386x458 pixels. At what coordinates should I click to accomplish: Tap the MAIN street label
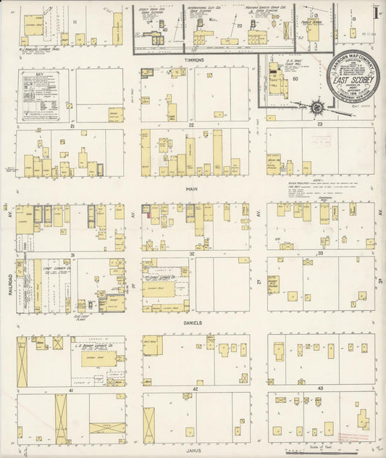[192, 188]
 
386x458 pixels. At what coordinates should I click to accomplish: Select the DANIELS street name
[192, 322]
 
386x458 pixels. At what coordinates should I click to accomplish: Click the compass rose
[316, 108]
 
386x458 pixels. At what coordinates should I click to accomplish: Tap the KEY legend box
[43, 96]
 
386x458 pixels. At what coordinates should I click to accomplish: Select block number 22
[192, 125]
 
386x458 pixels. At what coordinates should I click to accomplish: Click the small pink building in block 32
[149, 212]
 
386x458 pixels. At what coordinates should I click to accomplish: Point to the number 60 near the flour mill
[295, 78]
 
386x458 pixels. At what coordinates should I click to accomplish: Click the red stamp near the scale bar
[354, 440]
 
